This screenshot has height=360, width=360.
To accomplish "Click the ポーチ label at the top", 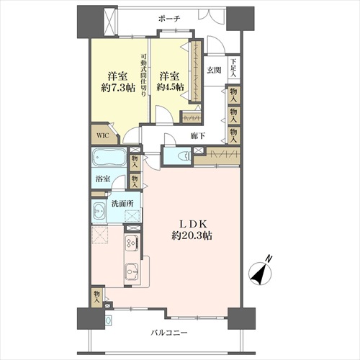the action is (169, 19).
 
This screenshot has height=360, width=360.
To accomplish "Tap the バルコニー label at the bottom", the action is (169, 333).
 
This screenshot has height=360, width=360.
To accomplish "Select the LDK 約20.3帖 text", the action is (192, 230).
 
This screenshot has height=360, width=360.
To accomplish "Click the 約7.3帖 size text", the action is (118, 88).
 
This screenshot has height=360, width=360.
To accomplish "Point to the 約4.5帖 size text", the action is (171, 87).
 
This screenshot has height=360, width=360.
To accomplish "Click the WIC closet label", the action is (103, 135).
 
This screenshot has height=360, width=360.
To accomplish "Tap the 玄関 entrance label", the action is (214, 71).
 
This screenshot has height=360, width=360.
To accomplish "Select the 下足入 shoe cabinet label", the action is (233, 68).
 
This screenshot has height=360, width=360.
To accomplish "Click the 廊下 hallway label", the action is (198, 136).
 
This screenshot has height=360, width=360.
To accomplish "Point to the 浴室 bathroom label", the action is (103, 179).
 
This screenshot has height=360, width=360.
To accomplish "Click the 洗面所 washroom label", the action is (122, 204).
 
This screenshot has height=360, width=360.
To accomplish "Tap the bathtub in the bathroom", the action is (109, 157).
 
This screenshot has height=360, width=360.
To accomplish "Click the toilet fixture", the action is (184, 156).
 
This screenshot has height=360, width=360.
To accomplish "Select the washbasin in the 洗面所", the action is (99, 211).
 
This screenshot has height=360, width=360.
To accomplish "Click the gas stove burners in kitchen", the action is (132, 242).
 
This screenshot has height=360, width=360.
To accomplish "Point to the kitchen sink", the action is (131, 271).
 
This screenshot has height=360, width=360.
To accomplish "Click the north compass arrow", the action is (261, 274).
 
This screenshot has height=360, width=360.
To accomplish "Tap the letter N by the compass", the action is (269, 258).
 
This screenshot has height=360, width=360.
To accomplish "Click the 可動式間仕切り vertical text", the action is (143, 75).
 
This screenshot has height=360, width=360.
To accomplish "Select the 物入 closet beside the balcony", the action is (96, 297).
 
